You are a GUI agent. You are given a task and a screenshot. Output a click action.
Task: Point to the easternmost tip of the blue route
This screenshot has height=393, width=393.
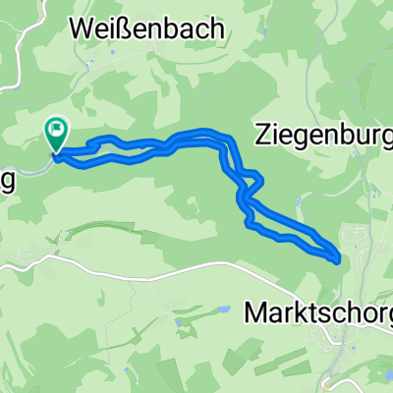pos(339,259)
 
